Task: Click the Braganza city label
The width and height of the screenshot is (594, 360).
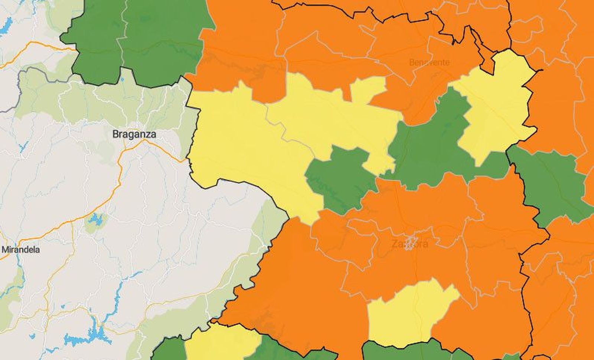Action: pyautogui.click(x=134, y=134)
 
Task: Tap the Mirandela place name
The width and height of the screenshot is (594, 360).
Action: pyautogui.click(x=21, y=250)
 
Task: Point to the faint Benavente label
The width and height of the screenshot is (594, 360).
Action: pyautogui.click(x=429, y=62)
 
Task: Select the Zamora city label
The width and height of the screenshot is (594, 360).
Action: pyautogui.click(x=409, y=244)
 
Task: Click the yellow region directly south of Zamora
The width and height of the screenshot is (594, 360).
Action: pyautogui.click(x=408, y=312)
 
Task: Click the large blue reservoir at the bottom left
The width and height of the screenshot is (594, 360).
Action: pyautogui.click(x=89, y=336)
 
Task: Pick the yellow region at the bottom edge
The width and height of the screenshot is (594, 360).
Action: pyautogui.click(x=219, y=344)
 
